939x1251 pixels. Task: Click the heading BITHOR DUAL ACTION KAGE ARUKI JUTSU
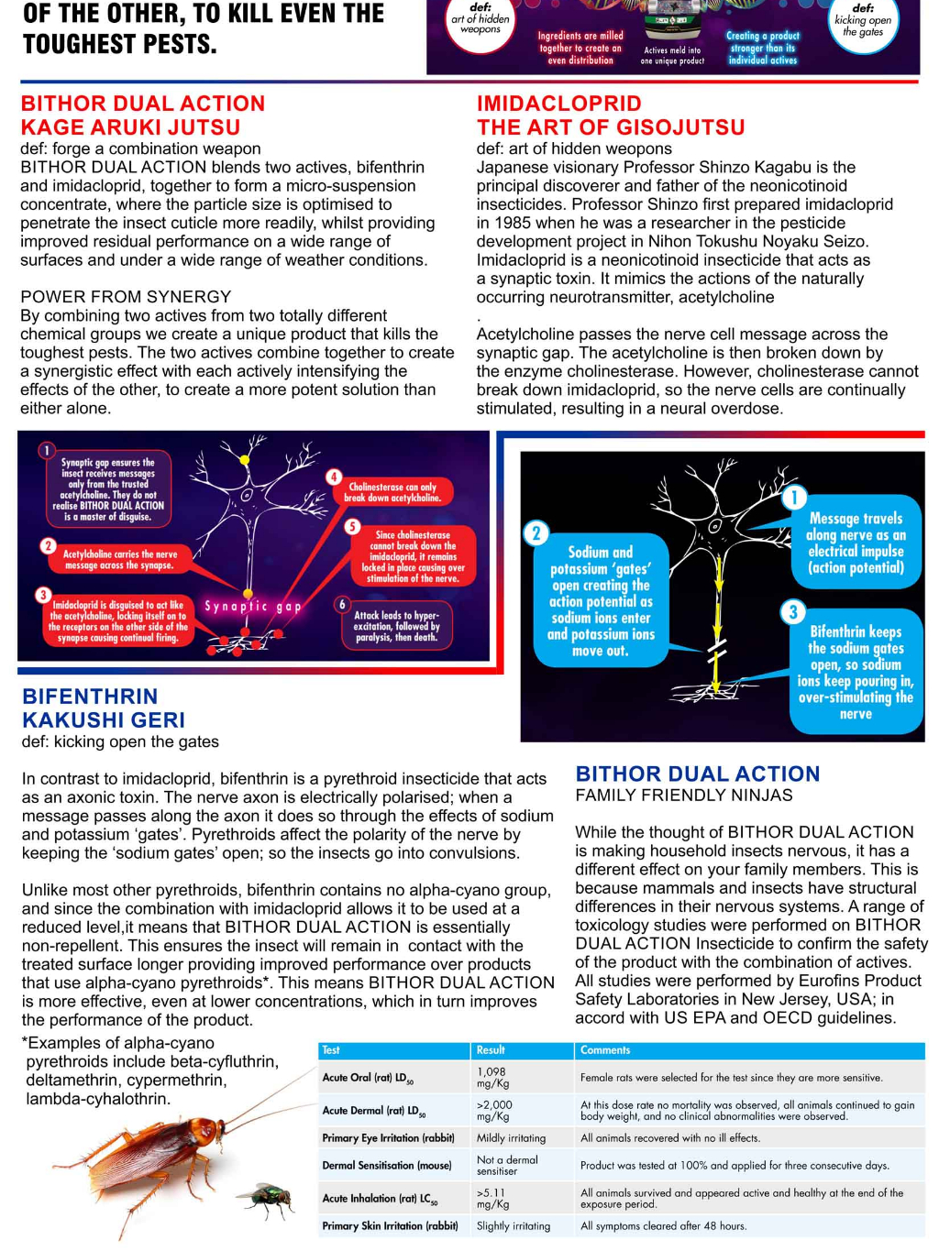pos(143,115)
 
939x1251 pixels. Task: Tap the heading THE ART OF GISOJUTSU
pos(611,127)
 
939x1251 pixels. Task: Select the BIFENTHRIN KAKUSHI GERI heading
pos(104,708)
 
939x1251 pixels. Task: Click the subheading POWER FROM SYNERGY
pos(126,297)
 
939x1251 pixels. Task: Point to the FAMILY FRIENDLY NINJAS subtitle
pos(684,796)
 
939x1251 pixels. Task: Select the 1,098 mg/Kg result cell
pos(492,1077)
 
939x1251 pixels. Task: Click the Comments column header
pos(605,1050)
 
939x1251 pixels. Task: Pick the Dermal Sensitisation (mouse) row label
pos(387,1166)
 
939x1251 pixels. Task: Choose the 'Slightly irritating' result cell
pos(514,1226)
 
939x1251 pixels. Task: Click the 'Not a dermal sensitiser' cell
pos(507,1165)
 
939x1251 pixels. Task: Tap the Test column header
pos(331,1050)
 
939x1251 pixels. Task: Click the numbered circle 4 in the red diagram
pos(334,477)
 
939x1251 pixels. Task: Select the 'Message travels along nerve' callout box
pos(856,543)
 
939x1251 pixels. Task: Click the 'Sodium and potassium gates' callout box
pos(601,601)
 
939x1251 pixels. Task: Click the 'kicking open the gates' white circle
pos(862,25)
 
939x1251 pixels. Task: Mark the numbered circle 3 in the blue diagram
pos(793,611)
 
